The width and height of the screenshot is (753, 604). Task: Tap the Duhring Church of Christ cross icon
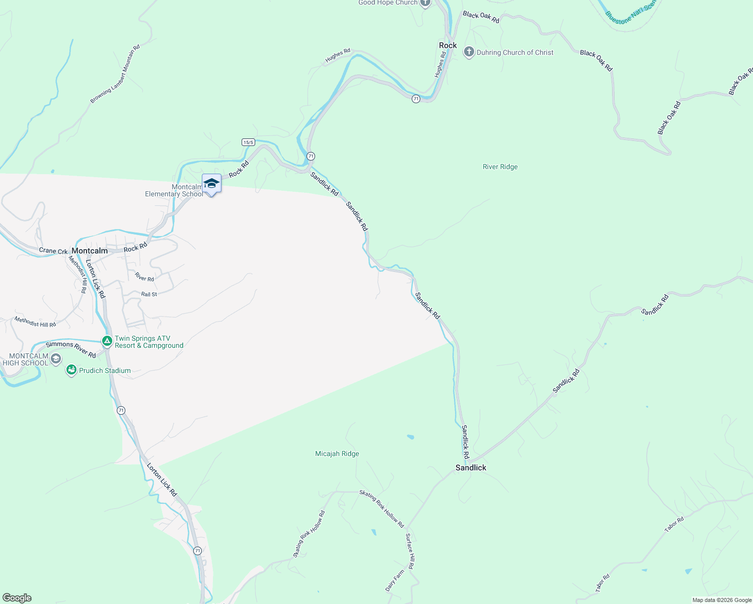[469, 52]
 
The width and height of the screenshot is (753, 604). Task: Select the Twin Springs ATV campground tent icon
[107, 341]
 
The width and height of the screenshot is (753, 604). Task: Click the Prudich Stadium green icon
[71, 370]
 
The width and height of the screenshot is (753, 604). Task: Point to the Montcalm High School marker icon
[56, 359]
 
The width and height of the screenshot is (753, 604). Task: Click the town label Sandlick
[471, 468]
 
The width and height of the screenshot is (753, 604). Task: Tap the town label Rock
[447, 45]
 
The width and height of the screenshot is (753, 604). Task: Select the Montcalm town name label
[90, 251]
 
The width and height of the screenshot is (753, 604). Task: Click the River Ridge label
[500, 167]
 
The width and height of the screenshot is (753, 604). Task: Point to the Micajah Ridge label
[337, 454]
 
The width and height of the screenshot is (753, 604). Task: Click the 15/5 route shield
[248, 142]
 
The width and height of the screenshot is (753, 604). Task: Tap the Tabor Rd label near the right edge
[674, 524]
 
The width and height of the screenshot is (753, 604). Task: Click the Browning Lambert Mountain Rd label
[115, 74]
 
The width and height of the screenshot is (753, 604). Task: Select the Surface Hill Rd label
[410, 551]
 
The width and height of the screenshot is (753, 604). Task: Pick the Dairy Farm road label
[395, 580]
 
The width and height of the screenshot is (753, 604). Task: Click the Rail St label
[149, 294]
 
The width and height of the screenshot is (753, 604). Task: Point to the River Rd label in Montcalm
[144, 278]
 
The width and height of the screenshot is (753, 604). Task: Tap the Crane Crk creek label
[53, 251]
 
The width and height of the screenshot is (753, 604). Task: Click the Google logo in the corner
[17, 598]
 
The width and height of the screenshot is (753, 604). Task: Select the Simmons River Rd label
[70, 350]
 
